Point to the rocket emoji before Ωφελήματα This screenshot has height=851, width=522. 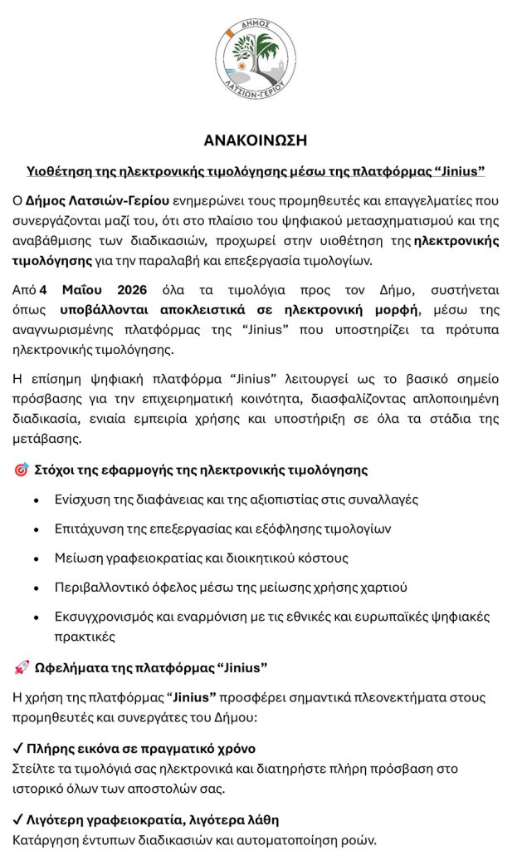(22, 667)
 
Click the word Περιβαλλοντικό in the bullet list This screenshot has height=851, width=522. (100, 587)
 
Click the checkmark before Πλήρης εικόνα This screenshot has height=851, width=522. (18, 748)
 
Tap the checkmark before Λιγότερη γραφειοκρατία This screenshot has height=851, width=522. (18, 819)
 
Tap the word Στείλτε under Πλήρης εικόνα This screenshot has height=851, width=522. (36, 768)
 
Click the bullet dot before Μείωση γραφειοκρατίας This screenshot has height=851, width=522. (35, 558)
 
